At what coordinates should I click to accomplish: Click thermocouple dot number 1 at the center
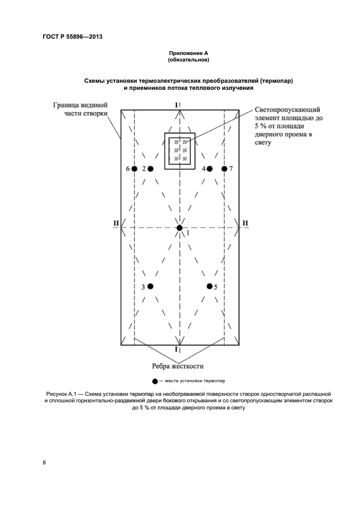(x=180, y=228)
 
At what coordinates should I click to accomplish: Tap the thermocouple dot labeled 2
(x=150, y=169)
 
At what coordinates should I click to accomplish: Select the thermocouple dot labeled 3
(x=150, y=286)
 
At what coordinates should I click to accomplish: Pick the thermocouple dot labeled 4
(x=210, y=169)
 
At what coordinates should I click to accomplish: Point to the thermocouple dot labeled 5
(x=209, y=286)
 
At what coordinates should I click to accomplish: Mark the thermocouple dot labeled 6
(x=134, y=169)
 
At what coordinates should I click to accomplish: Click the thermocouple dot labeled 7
(x=224, y=169)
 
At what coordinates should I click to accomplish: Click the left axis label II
(x=115, y=223)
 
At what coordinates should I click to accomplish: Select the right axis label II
(x=245, y=223)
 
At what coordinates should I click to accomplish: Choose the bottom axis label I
(x=176, y=349)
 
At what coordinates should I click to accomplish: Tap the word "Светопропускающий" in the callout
(x=288, y=111)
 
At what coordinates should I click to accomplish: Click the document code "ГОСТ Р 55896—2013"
(x=72, y=37)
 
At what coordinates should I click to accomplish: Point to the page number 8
(x=45, y=462)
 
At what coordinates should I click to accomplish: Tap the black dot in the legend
(x=155, y=381)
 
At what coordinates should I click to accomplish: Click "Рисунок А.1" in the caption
(x=64, y=393)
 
